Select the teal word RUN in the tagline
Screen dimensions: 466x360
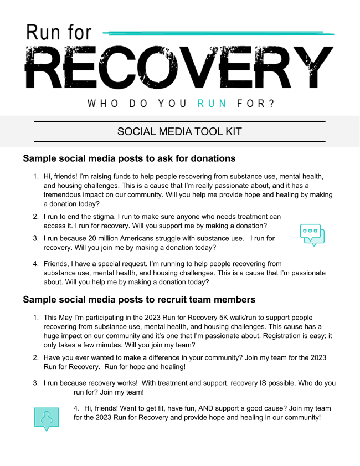pos(212,104)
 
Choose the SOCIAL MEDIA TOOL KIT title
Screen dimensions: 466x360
pos(179,131)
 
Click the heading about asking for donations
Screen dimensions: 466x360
pos(129,158)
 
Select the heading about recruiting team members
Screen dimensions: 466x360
pos(139,299)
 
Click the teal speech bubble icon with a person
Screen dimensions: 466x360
pos(47,418)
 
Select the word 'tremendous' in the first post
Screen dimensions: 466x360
pos(63,194)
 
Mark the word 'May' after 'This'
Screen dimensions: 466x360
pos(69,318)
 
